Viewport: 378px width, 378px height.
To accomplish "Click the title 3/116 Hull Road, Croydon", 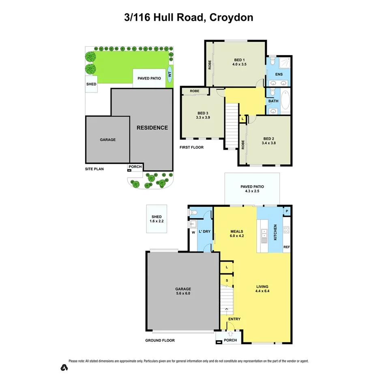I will pyautogui.click(x=189, y=17).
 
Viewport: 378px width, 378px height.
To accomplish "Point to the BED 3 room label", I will pyautogui.click(x=203, y=113).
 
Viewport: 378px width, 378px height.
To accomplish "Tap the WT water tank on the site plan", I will pyautogui.click(x=170, y=75).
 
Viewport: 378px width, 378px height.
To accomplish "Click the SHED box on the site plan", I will pyautogui.click(x=91, y=84).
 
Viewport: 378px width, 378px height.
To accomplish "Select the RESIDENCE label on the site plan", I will pyautogui.click(x=152, y=128).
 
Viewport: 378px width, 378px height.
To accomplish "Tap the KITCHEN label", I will pyautogui.click(x=275, y=232).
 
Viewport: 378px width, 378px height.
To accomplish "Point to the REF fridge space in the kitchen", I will pyautogui.click(x=286, y=247).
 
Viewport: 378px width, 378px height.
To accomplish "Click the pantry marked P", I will pyautogui.click(x=287, y=211).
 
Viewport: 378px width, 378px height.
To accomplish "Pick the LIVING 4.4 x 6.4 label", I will pyautogui.click(x=262, y=288).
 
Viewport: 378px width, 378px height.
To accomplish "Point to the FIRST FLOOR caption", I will pyautogui.click(x=191, y=147).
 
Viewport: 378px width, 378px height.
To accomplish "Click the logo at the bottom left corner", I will pyautogui.click(x=63, y=368).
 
